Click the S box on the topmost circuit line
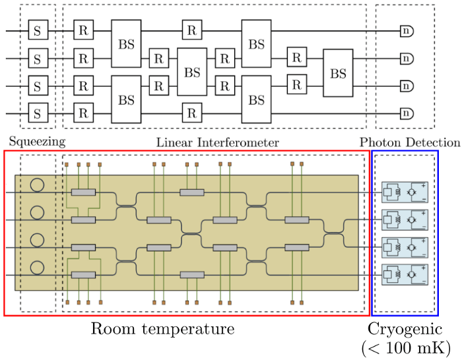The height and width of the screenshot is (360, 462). (38, 30)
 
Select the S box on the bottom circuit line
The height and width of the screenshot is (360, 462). (38, 114)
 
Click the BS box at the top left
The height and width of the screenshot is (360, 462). (126, 44)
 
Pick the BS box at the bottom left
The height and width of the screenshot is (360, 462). (126, 100)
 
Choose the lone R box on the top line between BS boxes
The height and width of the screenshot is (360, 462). (191, 30)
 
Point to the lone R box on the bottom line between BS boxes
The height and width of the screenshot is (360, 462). (191, 114)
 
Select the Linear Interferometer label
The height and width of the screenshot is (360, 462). (217, 142)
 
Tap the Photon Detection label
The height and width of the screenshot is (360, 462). (410, 142)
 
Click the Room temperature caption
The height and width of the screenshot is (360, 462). (162, 328)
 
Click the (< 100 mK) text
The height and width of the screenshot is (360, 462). (405, 347)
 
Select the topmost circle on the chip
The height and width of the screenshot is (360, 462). (38, 185)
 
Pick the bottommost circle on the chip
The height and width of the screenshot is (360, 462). (38, 268)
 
